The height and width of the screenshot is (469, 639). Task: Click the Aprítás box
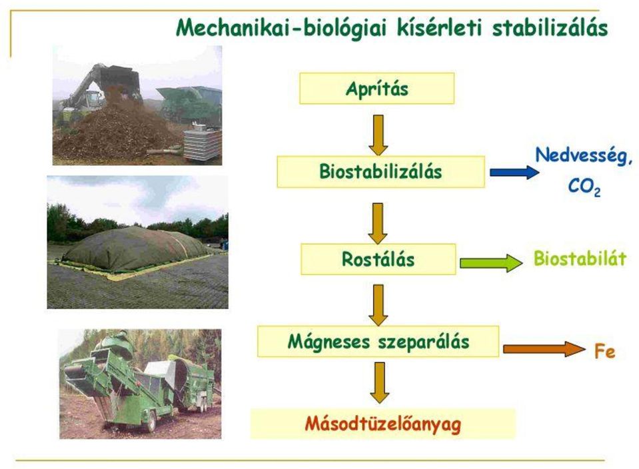[377, 89]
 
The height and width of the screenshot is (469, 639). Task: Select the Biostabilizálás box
[381, 172]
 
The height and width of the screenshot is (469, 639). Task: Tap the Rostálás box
[378, 259]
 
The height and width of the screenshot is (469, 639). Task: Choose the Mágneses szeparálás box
[378, 342]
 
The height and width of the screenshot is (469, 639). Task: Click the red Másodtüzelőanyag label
[383, 424]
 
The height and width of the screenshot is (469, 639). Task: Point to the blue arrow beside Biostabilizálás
[514, 173]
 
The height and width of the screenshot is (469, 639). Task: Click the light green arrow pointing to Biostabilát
[491, 263]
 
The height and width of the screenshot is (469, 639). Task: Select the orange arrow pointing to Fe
[544, 349]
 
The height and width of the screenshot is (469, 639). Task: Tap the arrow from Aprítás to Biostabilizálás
[378, 135]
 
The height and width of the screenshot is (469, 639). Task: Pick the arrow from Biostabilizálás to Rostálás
[378, 224]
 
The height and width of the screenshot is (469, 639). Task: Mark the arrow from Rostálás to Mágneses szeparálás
[378, 306]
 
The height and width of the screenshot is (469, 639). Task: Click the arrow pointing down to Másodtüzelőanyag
[380, 383]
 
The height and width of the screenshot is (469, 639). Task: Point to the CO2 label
[584, 187]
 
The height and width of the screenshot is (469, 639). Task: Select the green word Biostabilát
[580, 258]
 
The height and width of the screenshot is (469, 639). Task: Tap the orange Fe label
[605, 351]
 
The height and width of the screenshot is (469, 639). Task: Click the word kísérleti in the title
[441, 28]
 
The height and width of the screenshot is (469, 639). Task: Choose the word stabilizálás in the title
[550, 28]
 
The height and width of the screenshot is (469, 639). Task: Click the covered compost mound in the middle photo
[137, 249]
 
